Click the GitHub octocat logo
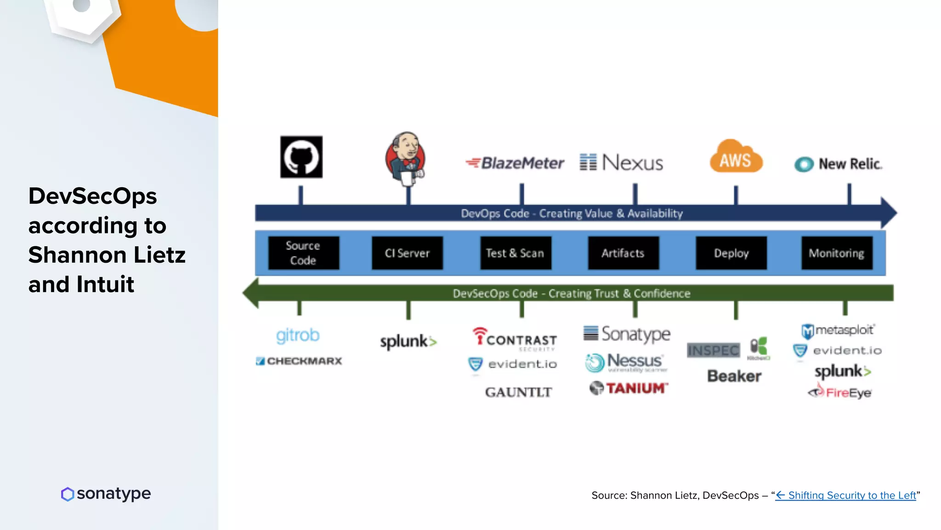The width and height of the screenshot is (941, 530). pyautogui.click(x=301, y=157)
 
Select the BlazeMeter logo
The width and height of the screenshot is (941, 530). pyautogui.click(x=515, y=163)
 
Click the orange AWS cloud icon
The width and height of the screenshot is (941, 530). pyautogui.click(x=736, y=158)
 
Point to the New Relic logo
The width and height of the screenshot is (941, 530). pyautogui.click(x=839, y=164)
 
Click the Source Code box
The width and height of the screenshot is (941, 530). pyautogui.click(x=303, y=253)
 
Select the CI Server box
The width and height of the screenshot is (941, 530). pyautogui.click(x=407, y=253)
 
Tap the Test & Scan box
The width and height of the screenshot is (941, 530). pyautogui.click(x=515, y=253)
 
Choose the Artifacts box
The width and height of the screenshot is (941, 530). pyautogui.click(x=623, y=253)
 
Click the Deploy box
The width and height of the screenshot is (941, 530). pyautogui.click(x=731, y=253)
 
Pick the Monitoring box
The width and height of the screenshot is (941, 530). pyautogui.click(x=836, y=253)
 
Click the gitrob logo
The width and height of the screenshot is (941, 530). pyautogui.click(x=298, y=335)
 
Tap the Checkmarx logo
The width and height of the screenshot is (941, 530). pyautogui.click(x=299, y=361)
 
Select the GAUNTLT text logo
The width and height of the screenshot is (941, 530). pyautogui.click(x=518, y=392)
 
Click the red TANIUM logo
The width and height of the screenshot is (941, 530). pyautogui.click(x=629, y=388)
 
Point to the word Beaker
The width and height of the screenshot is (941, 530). pyautogui.click(x=734, y=376)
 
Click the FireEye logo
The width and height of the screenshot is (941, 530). pyautogui.click(x=840, y=392)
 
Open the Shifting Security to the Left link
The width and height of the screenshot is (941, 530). pyautogui.click(x=846, y=495)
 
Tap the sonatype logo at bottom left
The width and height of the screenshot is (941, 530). pyautogui.click(x=106, y=494)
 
